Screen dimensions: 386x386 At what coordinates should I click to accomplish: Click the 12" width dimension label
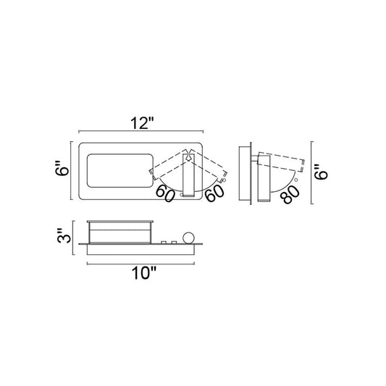click(x=142, y=123)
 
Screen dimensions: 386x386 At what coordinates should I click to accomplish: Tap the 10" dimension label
click(x=144, y=273)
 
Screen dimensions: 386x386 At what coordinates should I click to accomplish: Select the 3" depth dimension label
click(x=64, y=236)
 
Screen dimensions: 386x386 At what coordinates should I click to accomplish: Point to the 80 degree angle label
click(x=291, y=195)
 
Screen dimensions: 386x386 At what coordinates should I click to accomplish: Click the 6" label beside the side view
click(x=321, y=172)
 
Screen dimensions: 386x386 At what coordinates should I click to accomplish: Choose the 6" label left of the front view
click(x=62, y=168)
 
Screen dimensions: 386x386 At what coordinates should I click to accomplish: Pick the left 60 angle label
click(x=165, y=193)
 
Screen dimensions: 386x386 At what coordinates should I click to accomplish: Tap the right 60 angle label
click(x=214, y=193)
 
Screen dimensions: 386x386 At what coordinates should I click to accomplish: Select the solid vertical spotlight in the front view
click(x=189, y=175)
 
